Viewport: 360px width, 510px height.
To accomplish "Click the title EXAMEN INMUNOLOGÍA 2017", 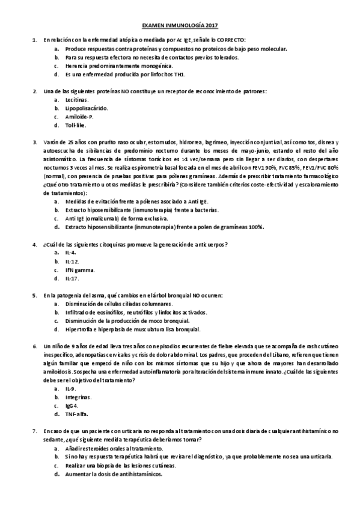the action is pos(180,26).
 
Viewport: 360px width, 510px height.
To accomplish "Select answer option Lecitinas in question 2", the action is pos(76,100).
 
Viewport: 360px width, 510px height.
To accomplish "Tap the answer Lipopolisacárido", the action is pos(87,108).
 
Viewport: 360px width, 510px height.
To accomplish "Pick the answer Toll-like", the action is pos(76,125).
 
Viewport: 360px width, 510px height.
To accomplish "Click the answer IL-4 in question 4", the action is pos(70,253).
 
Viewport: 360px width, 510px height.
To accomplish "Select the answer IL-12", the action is pos(72,262).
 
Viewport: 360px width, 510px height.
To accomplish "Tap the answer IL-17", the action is pos(72,278).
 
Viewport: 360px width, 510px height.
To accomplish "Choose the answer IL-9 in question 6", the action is pos(70,389).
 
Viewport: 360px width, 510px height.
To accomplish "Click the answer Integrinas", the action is pos(78,398).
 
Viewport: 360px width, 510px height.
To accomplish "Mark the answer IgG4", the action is pos(72,406).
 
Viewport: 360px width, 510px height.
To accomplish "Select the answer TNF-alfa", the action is pos(75,414).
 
